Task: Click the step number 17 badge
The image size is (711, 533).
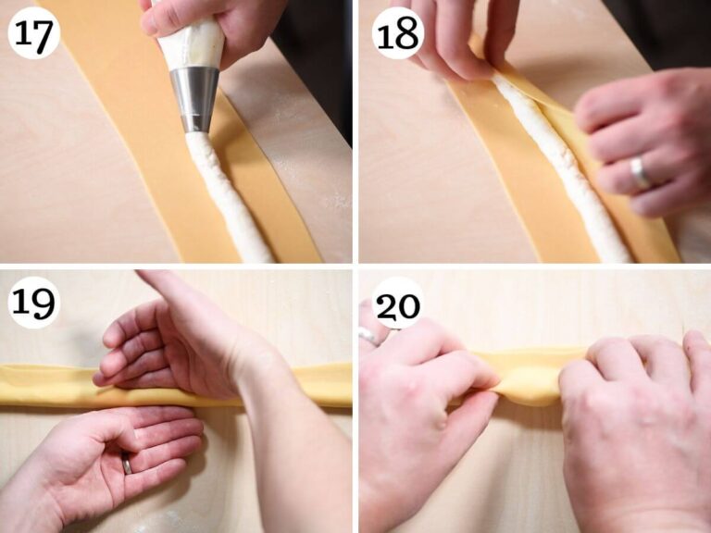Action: (34, 33)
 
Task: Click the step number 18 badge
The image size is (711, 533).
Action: (399, 33)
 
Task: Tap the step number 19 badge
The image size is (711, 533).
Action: (34, 302)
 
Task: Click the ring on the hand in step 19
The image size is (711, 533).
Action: (127, 464)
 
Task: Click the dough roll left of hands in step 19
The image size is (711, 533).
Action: (46, 385)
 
